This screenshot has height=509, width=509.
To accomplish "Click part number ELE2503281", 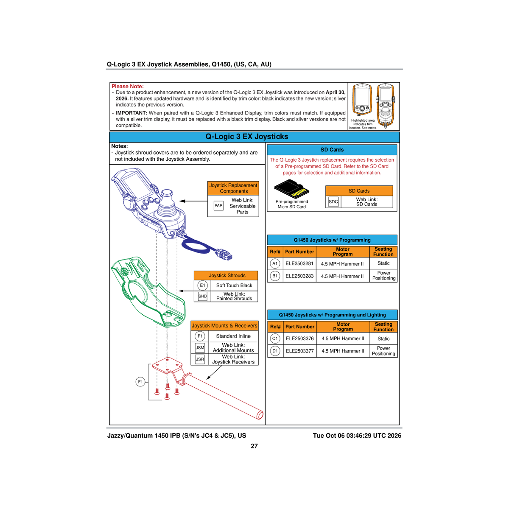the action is pyautogui.click(x=299, y=263).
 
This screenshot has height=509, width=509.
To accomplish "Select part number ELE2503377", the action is pyautogui.click(x=300, y=351).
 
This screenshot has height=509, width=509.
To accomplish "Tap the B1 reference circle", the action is pyautogui.click(x=275, y=276).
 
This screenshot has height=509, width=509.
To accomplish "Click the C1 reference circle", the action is pyautogui.click(x=275, y=338).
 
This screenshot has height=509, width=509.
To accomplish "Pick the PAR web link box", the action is pyautogui.click(x=218, y=206).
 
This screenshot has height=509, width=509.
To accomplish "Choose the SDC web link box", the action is pyautogui.click(x=333, y=202).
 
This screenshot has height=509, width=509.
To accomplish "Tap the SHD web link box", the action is pyautogui.click(x=203, y=296).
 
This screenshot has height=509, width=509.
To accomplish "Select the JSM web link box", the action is pyautogui.click(x=200, y=348).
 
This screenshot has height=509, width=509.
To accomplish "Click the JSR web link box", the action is pyautogui.click(x=200, y=359).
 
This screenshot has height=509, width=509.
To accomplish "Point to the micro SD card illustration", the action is pyautogui.click(x=291, y=189).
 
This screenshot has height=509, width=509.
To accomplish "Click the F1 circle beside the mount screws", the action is pyautogui.click(x=140, y=382).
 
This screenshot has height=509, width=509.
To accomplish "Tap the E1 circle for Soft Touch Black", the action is pyautogui.click(x=203, y=285).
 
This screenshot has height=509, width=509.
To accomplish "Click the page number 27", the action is pyautogui.click(x=254, y=446).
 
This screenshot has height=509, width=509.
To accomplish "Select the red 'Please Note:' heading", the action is pyautogui.click(x=128, y=87).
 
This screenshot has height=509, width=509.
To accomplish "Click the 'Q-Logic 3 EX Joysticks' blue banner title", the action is pyautogui.click(x=247, y=137).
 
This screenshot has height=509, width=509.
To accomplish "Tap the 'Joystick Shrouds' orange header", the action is pyautogui.click(x=227, y=276).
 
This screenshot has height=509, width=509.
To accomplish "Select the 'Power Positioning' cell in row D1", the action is pyautogui.click(x=383, y=351).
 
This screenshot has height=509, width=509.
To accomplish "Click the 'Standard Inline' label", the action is pyautogui.click(x=233, y=336).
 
